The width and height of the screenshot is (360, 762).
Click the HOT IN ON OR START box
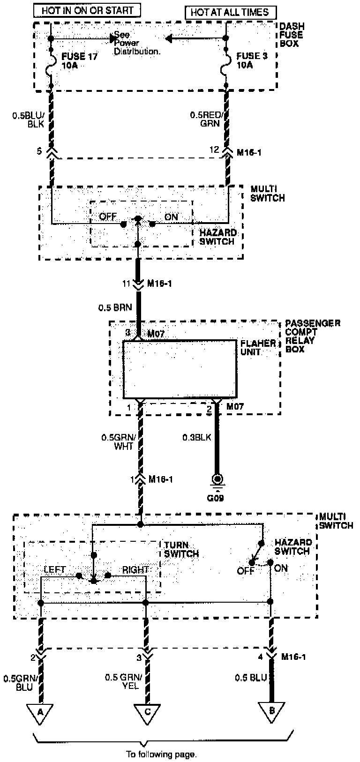tap(87, 10)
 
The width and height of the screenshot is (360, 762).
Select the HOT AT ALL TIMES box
tap(231, 13)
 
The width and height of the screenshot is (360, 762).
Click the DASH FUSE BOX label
tap(292, 35)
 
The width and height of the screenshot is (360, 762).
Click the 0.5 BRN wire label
tap(115, 308)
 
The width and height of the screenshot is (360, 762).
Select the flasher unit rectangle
tap(180, 369)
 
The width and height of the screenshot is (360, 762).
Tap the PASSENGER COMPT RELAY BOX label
tap(312, 336)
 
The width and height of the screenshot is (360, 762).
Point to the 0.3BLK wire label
tap(197, 437)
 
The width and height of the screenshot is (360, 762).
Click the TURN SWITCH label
tap(181, 549)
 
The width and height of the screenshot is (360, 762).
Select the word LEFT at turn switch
tap(55, 570)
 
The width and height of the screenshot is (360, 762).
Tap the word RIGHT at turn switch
tap(135, 570)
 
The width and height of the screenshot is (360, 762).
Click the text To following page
tap(161, 755)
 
